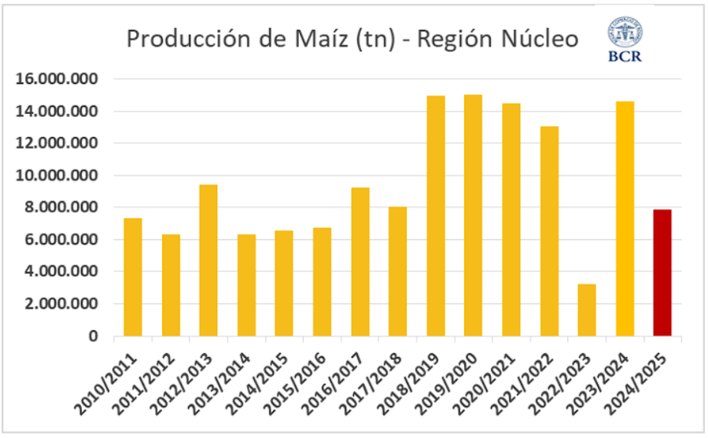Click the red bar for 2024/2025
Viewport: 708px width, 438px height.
point(662,273)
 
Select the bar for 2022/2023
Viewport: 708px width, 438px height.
point(587,310)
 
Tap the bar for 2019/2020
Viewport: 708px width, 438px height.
point(473,215)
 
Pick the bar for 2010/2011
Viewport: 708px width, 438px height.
point(132,277)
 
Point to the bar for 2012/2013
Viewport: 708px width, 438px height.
point(208,260)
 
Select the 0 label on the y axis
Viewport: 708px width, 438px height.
point(93,337)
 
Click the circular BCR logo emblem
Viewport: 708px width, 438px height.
point(624,32)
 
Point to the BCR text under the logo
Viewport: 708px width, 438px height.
point(625,57)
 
